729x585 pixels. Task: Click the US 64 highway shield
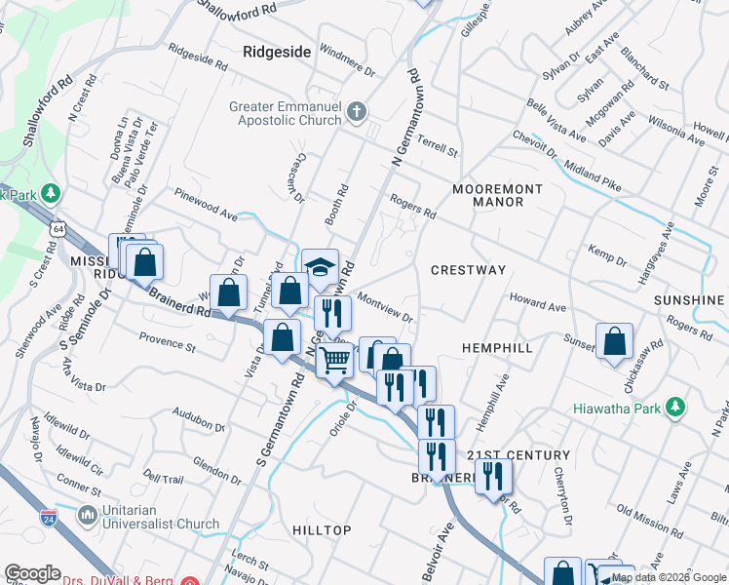tap(61, 228)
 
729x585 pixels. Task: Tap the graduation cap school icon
tap(319, 266)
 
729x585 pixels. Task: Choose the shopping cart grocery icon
tap(335, 361)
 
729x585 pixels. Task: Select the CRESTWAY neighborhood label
tap(469, 269)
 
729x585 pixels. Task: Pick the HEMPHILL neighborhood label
tap(497, 347)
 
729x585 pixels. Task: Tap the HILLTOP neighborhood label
tap(322, 529)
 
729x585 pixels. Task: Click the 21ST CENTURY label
tap(518, 455)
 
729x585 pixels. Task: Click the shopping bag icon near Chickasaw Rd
tap(615, 343)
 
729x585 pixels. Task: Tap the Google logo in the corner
tap(32, 573)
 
